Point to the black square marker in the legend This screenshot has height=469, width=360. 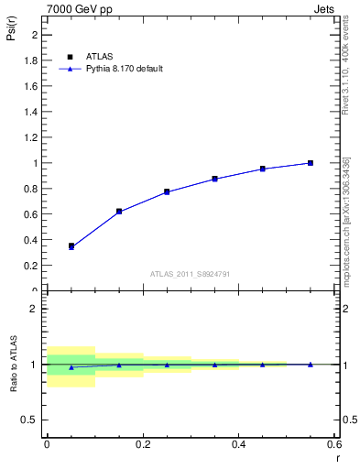[x=71, y=56]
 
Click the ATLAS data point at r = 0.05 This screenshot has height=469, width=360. [x=71, y=245]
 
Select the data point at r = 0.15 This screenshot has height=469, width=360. [x=119, y=212]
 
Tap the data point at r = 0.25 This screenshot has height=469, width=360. [x=167, y=191]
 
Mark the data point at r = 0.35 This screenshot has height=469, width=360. [x=214, y=179]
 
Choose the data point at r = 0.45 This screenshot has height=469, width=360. [x=262, y=169]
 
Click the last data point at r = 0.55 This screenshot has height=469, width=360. [x=311, y=163]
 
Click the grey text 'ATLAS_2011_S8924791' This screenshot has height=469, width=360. [x=191, y=273]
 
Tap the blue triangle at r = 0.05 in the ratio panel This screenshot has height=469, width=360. [x=71, y=366]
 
